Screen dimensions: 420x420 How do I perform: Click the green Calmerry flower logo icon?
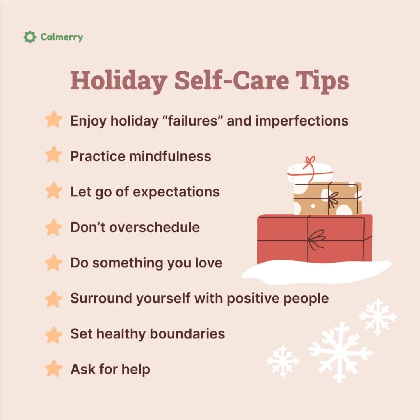pyautogui.click(x=30, y=37)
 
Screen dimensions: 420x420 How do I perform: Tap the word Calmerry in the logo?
pyautogui.click(x=62, y=37)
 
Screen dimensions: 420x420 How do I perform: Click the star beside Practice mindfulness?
pyautogui.click(x=54, y=155)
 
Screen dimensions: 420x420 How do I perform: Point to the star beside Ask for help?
pyautogui.click(x=54, y=369)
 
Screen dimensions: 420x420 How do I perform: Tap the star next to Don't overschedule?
pyautogui.click(x=54, y=227)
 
